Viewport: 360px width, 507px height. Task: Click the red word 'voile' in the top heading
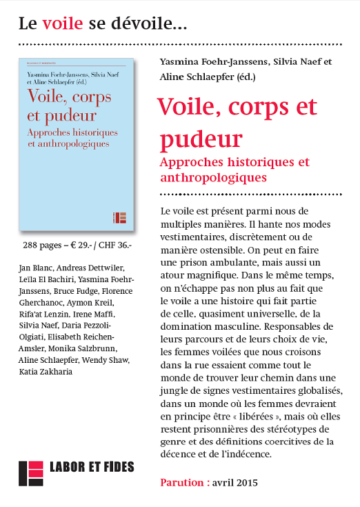coord(62,25)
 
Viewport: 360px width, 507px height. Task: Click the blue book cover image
coord(76,145)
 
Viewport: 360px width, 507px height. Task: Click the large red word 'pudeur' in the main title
coord(199,138)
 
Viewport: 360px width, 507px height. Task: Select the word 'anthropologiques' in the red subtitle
coord(212,177)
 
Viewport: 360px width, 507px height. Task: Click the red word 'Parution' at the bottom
coord(183,482)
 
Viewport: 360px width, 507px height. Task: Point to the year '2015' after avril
coord(246,482)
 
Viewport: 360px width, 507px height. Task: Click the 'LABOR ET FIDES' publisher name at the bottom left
coord(92,468)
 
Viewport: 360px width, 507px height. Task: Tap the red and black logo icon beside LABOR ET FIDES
coord(30,473)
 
